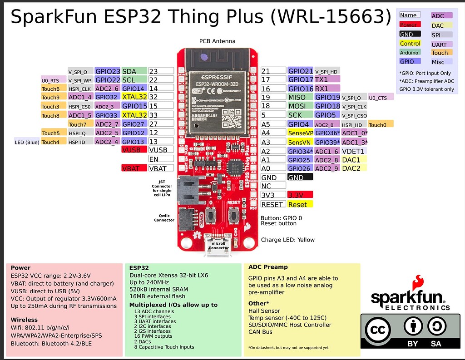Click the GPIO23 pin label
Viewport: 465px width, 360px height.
pyautogui.click(x=108, y=71)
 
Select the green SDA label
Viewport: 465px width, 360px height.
pyautogui.click(x=134, y=71)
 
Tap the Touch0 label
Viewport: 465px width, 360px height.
pyautogui.click(x=381, y=124)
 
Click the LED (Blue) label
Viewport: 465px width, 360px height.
pyautogui.click(x=27, y=142)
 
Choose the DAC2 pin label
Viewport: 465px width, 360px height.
pyautogui.click(x=354, y=168)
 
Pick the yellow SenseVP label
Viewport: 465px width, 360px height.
pyautogui.click(x=300, y=133)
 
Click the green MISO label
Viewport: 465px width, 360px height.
pyautogui.click(x=300, y=97)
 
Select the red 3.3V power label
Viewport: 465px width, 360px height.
pyautogui.click(x=300, y=195)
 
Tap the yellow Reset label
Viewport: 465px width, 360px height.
pyautogui.click(x=300, y=204)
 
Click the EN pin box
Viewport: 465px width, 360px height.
pyautogui.click(x=161, y=159)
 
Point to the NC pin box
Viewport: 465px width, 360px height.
pyautogui.click(x=273, y=186)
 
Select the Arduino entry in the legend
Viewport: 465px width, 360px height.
pyautogui.click(x=410, y=53)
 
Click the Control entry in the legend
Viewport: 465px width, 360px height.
pyautogui.click(x=410, y=44)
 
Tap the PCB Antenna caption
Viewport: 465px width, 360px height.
pyautogui.click(x=217, y=41)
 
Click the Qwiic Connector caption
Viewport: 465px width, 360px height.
pyautogui.click(x=164, y=217)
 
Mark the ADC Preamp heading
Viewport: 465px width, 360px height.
pyautogui.click(x=268, y=267)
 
